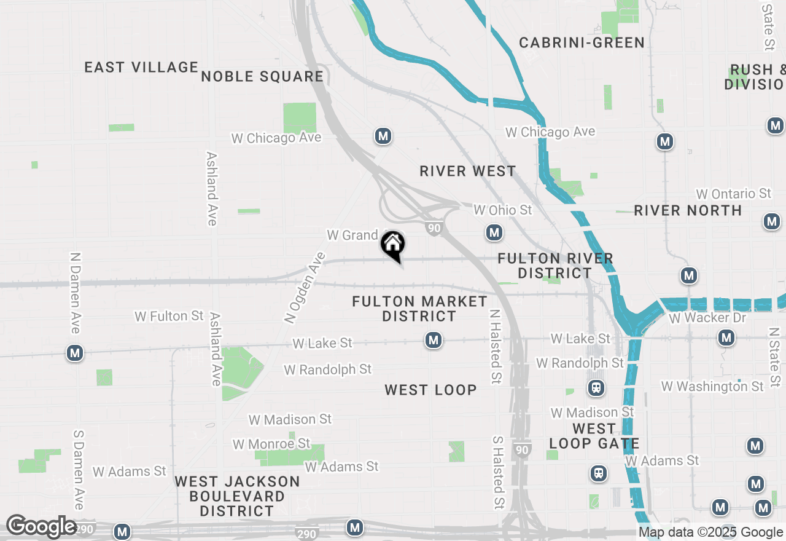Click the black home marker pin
(393, 245)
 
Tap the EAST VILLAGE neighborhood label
(141, 67)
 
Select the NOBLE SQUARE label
(262, 76)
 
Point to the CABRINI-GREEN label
(582, 42)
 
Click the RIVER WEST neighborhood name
(468, 171)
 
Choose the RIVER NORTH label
(688, 210)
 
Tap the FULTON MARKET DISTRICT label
(419, 309)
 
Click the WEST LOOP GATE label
(594, 436)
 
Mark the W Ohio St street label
(503, 210)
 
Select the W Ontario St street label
(733, 194)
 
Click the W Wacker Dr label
(707, 318)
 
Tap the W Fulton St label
(169, 316)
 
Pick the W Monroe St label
(271, 443)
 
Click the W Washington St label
(712, 386)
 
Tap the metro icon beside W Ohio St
(494, 232)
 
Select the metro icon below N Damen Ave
(75, 353)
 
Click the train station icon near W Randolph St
(595, 388)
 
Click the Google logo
(41, 526)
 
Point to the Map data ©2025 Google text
(710, 532)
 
